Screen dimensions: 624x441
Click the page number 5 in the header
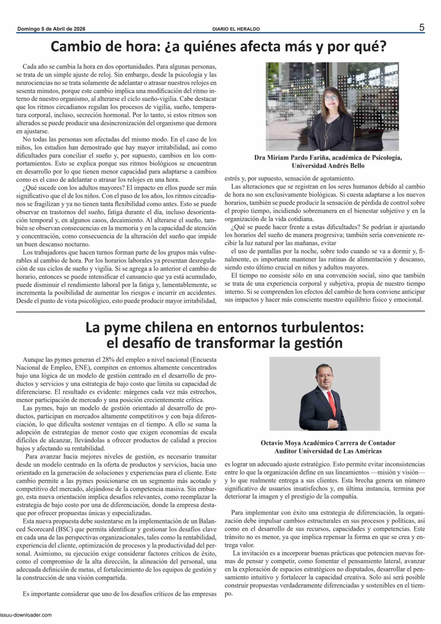click(421, 27)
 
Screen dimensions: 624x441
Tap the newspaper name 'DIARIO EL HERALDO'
click(236, 29)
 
